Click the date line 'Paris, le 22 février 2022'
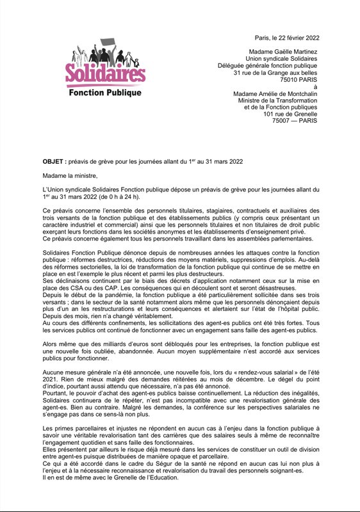pyautogui.click(x=288, y=38)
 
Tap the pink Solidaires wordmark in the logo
pyautogui.click(x=105, y=76)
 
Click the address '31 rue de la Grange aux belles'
pyautogui.click(x=277, y=74)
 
